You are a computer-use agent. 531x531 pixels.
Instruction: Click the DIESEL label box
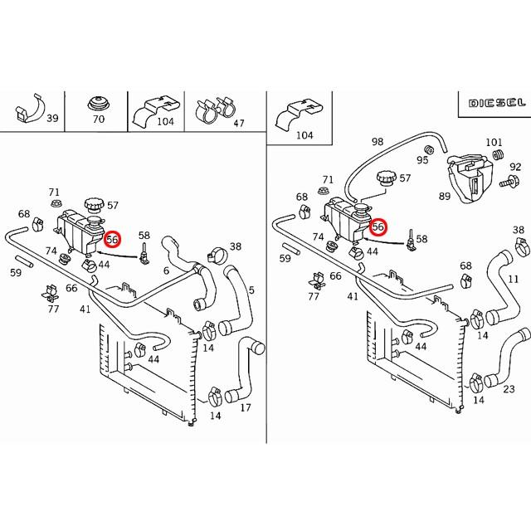[x=496, y=103]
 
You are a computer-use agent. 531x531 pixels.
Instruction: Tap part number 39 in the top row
[x=52, y=118]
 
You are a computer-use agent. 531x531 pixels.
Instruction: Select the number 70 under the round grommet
[x=99, y=119]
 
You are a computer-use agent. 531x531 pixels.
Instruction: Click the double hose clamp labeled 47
[x=215, y=109]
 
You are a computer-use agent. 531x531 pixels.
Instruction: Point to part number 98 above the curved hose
[x=378, y=141]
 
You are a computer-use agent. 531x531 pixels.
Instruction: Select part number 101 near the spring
[x=494, y=142]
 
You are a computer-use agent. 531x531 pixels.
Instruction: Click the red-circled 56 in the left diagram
[x=112, y=240]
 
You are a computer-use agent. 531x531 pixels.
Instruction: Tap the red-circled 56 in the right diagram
[x=378, y=227]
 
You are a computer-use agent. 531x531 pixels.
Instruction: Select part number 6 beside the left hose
[x=166, y=270]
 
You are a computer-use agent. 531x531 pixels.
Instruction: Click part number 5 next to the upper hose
[x=251, y=290]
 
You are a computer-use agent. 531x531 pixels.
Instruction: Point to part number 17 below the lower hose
[x=246, y=407]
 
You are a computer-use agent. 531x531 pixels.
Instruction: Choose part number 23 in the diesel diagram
[x=509, y=389]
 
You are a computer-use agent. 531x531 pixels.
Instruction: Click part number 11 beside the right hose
[x=514, y=279]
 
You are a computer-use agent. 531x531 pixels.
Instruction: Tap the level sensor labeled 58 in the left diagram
[x=144, y=254]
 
